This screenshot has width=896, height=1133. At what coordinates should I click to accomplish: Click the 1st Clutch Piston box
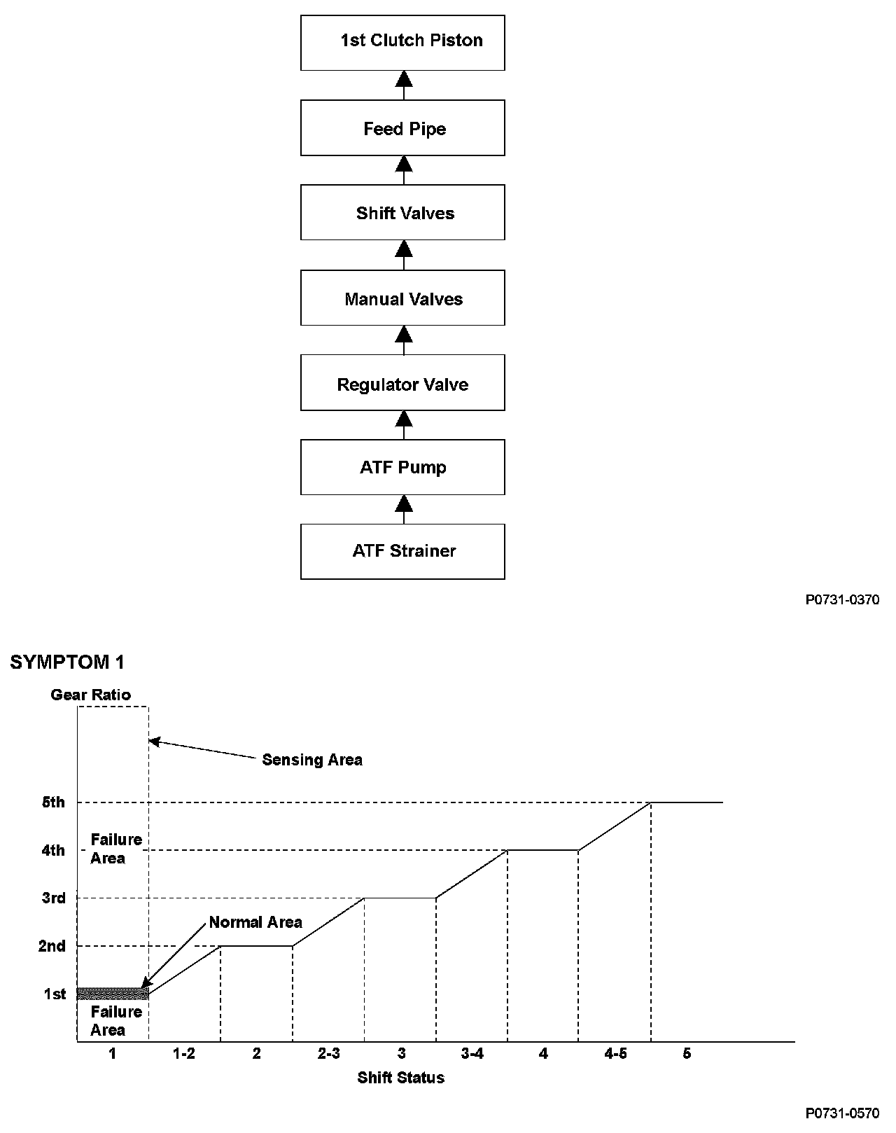pos(402,42)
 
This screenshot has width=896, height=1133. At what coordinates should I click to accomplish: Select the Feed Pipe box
pos(402,128)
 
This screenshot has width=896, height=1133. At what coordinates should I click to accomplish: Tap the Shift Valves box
pos(402,213)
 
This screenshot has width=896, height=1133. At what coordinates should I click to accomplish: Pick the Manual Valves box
pos(402,299)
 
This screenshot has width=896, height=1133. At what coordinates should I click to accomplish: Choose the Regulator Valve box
pos(402,384)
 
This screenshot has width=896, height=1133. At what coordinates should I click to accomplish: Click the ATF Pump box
pos(402,467)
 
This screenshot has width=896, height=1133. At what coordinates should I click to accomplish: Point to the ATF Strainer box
pos(402,551)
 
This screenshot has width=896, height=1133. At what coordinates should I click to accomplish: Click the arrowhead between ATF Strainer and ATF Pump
pos(403,503)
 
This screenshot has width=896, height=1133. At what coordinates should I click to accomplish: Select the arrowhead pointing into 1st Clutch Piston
pos(403,78)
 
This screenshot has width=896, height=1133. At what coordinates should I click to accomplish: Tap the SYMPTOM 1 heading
pos(67,662)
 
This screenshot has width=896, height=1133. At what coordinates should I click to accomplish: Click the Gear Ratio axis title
pos(91,695)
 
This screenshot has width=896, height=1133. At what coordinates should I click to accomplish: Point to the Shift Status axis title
pos(400,1077)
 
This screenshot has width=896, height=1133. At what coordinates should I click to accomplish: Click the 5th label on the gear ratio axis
pos(53,802)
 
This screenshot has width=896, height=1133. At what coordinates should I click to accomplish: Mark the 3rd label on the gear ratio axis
pos(53,898)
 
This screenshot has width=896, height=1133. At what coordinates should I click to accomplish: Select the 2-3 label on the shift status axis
pos(328,1053)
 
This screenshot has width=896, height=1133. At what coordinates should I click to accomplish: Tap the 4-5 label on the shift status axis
pos(615,1053)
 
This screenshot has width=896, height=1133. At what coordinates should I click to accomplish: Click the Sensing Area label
pos(312,760)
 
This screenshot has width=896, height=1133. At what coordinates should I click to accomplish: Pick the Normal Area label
pos(255,922)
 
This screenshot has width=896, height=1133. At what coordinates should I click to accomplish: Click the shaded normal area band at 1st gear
pos(113,993)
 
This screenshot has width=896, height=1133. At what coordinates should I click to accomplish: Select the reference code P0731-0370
pos(842,599)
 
